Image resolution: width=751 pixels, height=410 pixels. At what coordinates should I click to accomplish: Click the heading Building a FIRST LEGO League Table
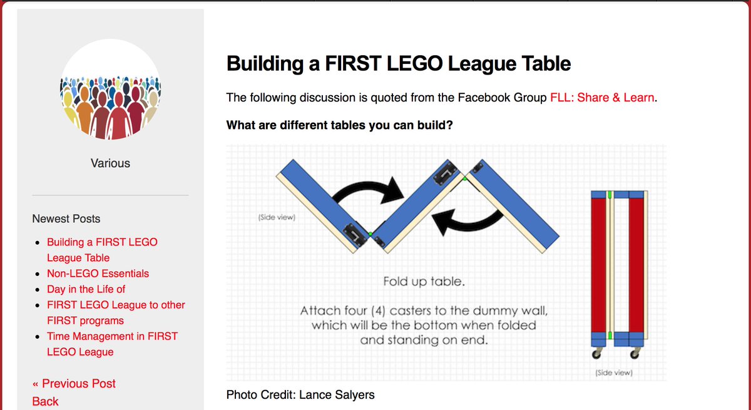[398, 63]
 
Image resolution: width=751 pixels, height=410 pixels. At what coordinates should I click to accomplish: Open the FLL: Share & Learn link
[602, 98]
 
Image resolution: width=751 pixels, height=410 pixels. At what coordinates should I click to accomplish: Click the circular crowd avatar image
[110, 94]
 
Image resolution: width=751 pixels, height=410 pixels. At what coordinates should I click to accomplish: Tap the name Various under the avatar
[110, 163]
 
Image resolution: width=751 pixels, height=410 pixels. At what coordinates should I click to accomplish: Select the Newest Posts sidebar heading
[66, 218]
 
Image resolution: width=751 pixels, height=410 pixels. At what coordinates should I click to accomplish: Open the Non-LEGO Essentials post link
[98, 274]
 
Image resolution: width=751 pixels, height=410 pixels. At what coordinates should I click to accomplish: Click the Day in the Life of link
[86, 289]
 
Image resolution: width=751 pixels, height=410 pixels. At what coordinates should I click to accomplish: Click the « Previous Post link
[74, 384]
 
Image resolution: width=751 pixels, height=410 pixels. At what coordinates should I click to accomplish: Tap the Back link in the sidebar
[45, 401]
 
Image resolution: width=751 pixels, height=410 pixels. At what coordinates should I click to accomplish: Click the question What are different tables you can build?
[339, 125]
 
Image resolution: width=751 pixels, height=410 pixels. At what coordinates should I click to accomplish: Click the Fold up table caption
[424, 282]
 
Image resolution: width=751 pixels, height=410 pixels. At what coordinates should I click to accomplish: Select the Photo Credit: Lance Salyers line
[300, 394]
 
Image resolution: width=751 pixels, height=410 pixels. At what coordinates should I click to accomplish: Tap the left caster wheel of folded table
[595, 354]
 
